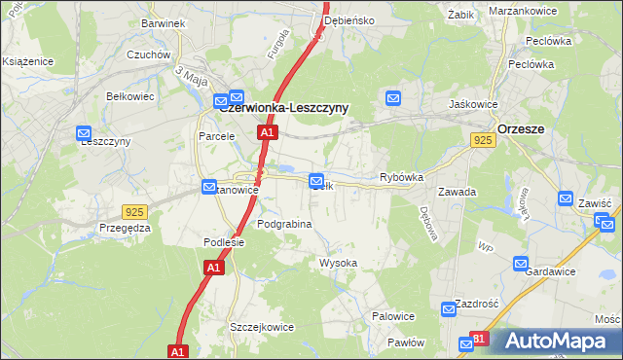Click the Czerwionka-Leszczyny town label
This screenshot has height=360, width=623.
[284, 108]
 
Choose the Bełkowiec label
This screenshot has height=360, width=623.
[129, 96]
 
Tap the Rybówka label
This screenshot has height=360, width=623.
[401, 178]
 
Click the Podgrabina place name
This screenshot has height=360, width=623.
[284, 224]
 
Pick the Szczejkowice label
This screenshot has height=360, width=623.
[261, 327]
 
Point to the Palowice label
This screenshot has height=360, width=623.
[394, 316]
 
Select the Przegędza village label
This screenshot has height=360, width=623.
[125, 229]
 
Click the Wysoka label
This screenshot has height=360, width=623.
[339, 264]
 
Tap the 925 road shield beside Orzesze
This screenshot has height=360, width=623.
[484, 141]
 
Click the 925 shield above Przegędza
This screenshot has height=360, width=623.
[135, 211]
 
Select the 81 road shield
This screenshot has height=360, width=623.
[478, 339]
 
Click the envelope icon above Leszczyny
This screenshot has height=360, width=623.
[69, 126]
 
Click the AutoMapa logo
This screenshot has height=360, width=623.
[557, 341]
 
